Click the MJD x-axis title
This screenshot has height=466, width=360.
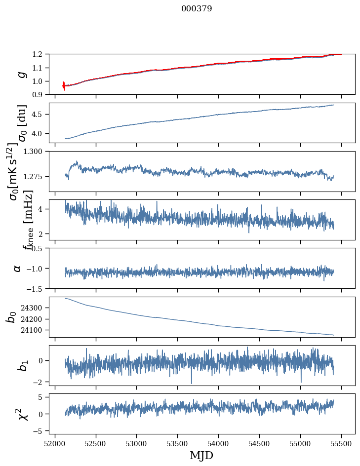coord(201,455)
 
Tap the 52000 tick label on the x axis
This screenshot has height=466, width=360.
coord(55,443)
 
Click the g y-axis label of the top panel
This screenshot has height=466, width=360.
coord(21,75)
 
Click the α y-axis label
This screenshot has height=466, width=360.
coord(18,268)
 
